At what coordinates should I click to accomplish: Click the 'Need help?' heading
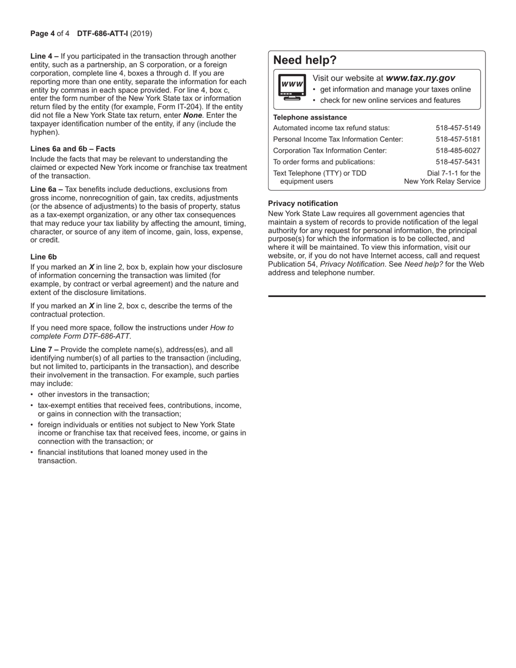[x=305, y=60]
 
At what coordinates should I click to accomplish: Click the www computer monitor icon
[x=291, y=87]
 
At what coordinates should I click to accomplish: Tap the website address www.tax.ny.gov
[x=420, y=78]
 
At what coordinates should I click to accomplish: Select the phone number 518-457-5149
[x=458, y=128]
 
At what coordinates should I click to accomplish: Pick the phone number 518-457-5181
[x=458, y=140]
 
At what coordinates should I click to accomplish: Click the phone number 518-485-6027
[x=458, y=150]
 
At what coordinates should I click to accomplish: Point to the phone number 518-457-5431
[x=458, y=162]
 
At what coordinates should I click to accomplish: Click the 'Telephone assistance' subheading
[x=310, y=117]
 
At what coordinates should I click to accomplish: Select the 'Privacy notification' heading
[x=303, y=204]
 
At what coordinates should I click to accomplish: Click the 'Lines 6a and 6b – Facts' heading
[x=73, y=149]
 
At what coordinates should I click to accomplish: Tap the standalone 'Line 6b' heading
[x=43, y=257]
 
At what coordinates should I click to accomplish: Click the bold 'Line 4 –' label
[x=45, y=56]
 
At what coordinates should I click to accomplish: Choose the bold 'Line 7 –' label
[x=45, y=350]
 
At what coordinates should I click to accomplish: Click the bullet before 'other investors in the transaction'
[x=32, y=395]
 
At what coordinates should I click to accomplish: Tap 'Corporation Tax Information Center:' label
[x=330, y=150]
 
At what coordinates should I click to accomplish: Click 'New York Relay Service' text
[x=442, y=181]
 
